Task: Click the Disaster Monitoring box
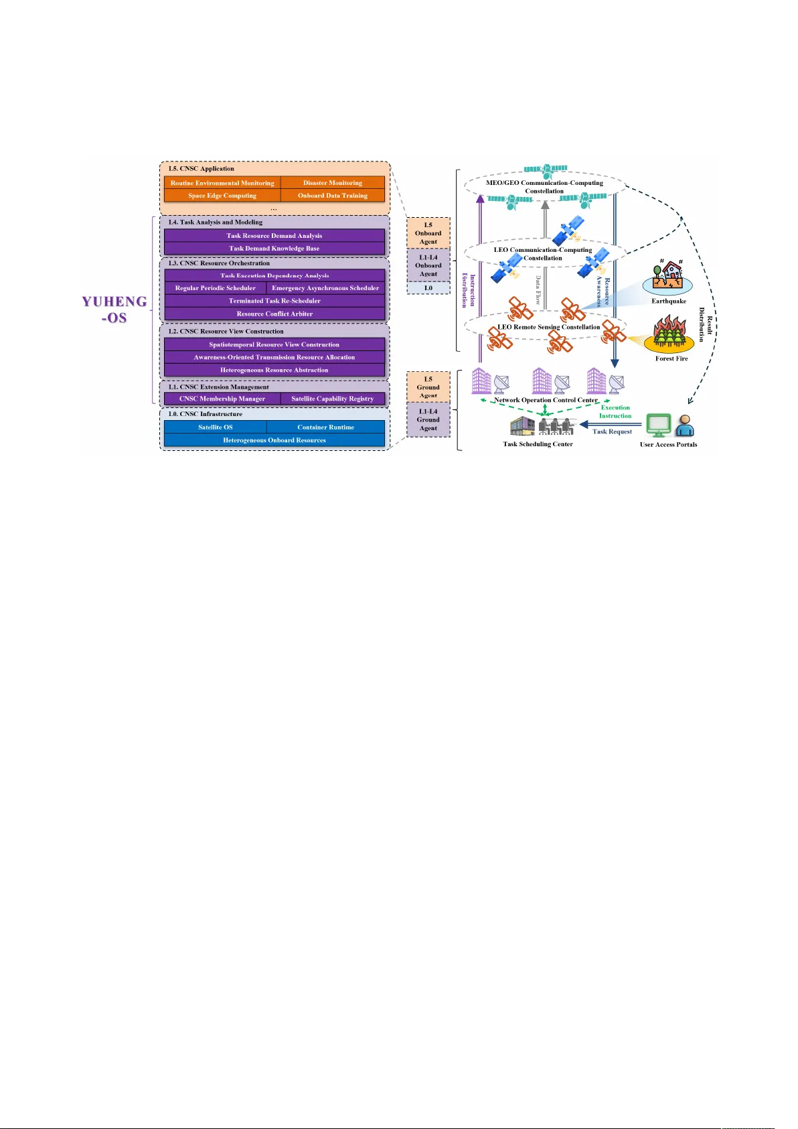[x=332, y=183]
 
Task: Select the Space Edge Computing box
[x=222, y=196]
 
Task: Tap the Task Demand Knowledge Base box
[x=274, y=249]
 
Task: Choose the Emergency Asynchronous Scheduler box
[x=325, y=288]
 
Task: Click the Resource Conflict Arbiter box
[x=274, y=314]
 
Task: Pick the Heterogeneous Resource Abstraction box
[x=274, y=370]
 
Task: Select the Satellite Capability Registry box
[x=332, y=399]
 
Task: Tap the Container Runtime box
[x=325, y=427]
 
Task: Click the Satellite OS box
[x=216, y=427]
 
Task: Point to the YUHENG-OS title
[x=114, y=310]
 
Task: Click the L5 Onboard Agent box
[x=428, y=233]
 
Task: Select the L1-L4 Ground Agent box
[x=428, y=420]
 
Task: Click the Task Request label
[x=612, y=431]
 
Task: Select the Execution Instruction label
[x=615, y=411]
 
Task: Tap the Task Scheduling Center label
[x=538, y=444]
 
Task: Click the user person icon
[x=684, y=426]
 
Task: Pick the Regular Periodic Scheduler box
[x=215, y=288]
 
